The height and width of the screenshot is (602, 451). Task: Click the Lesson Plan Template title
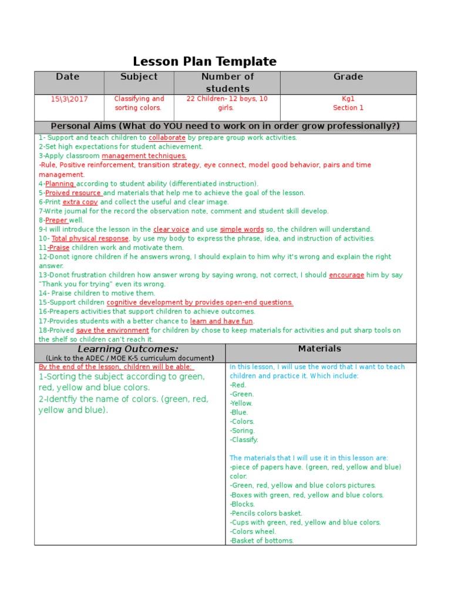[x=204, y=62]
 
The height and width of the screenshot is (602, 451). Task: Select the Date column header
[x=68, y=77]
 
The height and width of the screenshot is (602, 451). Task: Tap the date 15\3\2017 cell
[x=69, y=99]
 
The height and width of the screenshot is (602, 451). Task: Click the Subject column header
[x=139, y=77]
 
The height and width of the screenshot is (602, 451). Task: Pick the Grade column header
[x=348, y=77]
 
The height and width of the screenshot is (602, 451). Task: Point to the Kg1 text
[x=348, y=99]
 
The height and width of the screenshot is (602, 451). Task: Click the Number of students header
[x=227, y=82]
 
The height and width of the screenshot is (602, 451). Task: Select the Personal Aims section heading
[x=225, y=126]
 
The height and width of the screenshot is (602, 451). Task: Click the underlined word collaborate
[x=167, y=138]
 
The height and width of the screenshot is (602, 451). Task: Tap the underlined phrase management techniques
[x=144, y=156]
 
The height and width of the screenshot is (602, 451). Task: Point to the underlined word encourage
[x=346, y=275]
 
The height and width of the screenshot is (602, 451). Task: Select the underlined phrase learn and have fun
[x=221, y=322]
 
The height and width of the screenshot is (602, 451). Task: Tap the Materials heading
[x=319, y=349]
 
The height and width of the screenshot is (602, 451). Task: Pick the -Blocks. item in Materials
[x=243, y=504]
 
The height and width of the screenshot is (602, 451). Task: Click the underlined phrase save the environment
[x=112, y=330]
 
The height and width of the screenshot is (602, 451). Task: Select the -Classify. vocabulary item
[x=244, y=440]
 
